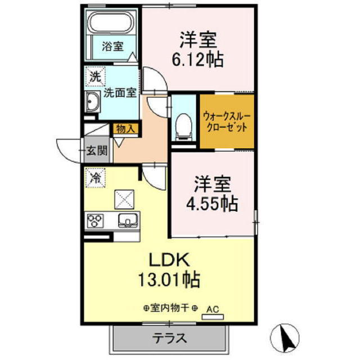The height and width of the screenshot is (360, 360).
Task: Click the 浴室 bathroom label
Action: click(112, 47)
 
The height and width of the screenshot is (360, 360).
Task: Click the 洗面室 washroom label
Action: click(119, 93)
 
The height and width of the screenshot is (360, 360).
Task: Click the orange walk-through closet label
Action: click(227, 123)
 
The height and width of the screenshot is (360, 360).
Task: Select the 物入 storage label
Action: click(125, 128)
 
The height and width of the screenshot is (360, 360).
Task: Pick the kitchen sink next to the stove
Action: click(128, 220)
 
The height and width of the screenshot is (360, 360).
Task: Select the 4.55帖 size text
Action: click(213, 202)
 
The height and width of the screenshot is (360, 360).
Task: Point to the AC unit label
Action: click(213, 309)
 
